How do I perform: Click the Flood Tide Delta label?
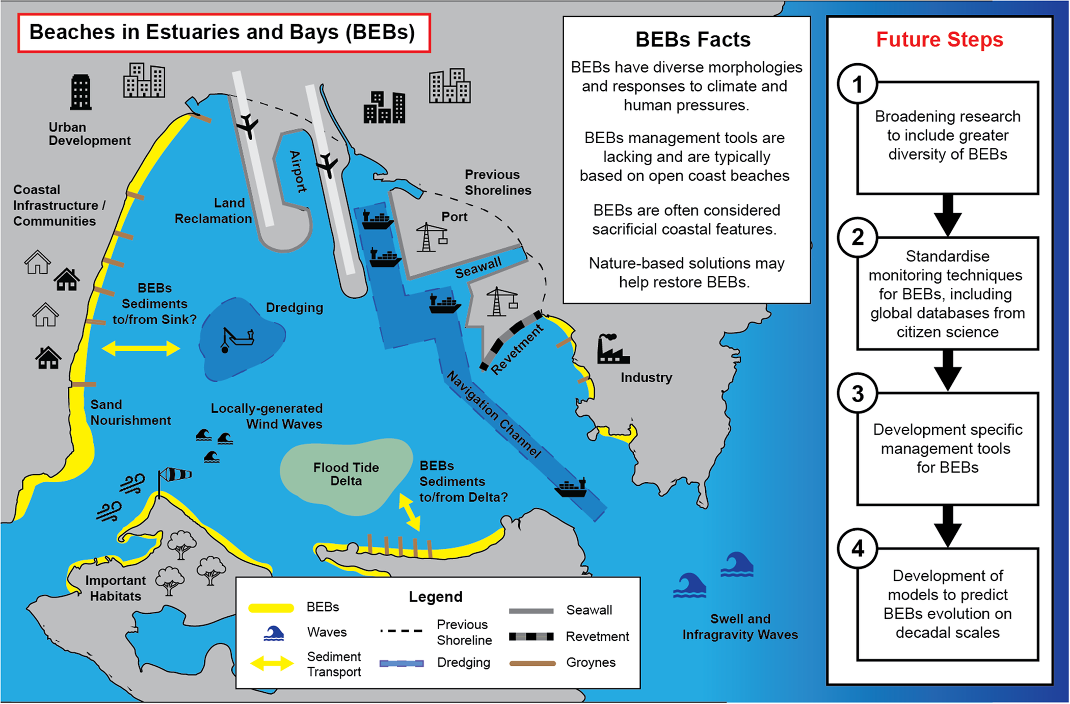pos(346,474)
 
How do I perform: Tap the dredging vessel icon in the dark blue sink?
pos(237,339)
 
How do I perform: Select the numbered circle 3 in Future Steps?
pos(858,394)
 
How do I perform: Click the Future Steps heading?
pos(939,40)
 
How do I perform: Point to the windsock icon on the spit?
pos(175,475)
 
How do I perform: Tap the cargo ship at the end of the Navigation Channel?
pos(571,488)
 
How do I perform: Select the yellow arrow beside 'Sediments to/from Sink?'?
pos(141,349)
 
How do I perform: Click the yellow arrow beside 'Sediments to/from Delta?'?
pos(409,512)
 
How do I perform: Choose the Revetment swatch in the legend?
pos(531,636)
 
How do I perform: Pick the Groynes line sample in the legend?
pos(532,663)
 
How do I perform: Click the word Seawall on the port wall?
pos(478,268)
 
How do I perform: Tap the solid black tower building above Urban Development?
pos(81,92)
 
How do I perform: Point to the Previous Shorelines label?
pos(497,182)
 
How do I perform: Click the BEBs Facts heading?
pos(692,40)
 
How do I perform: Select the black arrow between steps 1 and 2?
pos(947,215)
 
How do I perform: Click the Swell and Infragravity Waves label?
pos(740,627)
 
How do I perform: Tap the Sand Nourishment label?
pos(130,412)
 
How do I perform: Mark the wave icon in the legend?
pos(274,633)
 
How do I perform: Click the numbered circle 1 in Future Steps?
pos(858,84)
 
